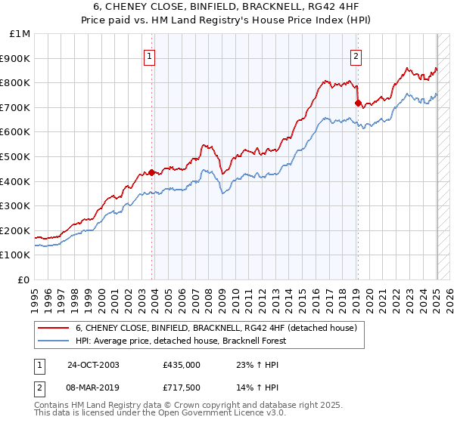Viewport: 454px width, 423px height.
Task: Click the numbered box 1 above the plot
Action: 150,55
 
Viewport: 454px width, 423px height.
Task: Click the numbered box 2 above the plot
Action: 356,55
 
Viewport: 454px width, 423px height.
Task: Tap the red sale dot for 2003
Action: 151,172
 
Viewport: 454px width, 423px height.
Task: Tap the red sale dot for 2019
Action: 358,103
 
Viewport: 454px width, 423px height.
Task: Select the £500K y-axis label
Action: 16,156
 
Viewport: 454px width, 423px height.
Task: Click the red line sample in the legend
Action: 54,328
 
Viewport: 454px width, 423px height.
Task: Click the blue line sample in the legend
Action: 54,341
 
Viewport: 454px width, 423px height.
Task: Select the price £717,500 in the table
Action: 182,387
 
